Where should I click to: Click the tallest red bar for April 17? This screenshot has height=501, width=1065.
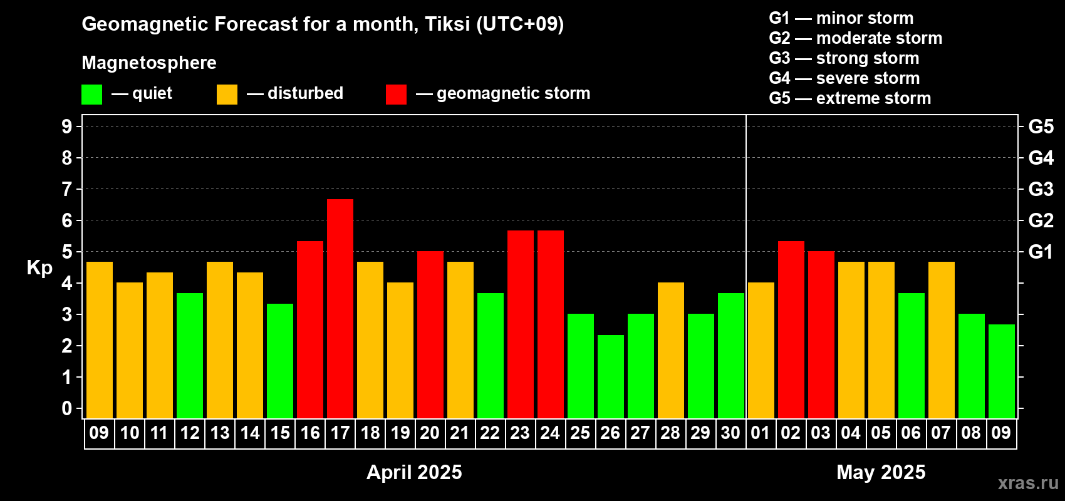tap(340, 309)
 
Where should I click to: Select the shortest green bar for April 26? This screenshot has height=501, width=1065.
tap(610, 376)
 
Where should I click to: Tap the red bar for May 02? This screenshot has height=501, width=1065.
tap(791, 329)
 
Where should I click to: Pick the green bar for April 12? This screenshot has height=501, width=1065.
tap(190, 356)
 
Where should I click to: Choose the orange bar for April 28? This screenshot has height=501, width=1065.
tap(671, 350)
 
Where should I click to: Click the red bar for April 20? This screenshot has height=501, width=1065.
tap(430, 334)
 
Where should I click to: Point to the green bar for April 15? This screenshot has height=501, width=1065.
tap(280, 361)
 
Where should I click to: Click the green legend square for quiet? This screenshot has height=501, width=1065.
tap(91, 94)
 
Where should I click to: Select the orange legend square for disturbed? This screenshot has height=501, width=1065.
tap(227, 94)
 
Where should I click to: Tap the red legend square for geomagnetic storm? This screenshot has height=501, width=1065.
tap(396, 94)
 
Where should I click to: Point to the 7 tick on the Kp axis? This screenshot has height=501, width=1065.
tap(66, 189)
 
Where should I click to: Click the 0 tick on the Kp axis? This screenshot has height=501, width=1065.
tap(66, 408)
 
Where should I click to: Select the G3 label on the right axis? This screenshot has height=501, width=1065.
tap(1041, 189)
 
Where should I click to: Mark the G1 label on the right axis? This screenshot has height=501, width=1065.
tap(1041, 252)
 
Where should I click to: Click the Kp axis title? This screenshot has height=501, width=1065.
tap(39, 268)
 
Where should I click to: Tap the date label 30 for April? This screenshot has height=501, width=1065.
tap(730, 433)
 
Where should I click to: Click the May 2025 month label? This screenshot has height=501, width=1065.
tap(881, 472)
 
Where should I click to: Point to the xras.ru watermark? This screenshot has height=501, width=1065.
tap(1028, 483)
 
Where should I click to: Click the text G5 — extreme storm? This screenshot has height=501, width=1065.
tap(849, 98)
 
